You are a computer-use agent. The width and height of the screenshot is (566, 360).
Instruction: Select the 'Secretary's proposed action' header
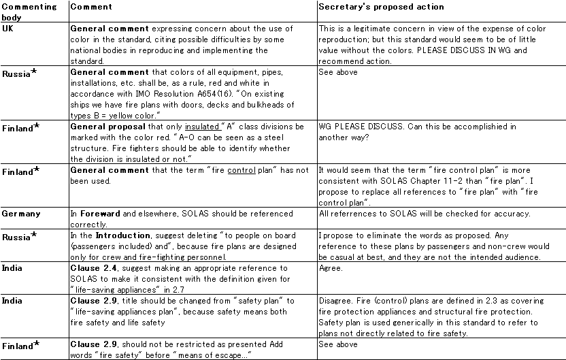381,7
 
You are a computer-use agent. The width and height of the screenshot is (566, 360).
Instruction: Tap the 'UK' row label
7,29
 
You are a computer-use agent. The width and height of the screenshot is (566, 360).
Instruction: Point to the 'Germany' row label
20,214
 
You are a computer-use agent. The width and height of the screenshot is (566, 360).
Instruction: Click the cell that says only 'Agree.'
329,269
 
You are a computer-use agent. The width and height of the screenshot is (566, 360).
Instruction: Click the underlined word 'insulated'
201,127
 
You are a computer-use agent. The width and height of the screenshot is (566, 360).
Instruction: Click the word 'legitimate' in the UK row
369,29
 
